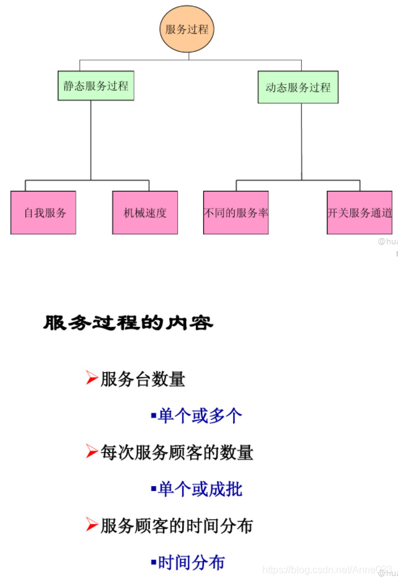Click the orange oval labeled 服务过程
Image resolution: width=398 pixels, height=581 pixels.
coord(187,29)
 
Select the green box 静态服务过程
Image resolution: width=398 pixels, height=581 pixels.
coord(96,86)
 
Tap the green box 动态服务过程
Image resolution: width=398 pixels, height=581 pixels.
coord(298,87)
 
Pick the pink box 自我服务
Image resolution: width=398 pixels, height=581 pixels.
coord(43,213)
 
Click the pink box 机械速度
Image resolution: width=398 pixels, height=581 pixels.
coord(145,213)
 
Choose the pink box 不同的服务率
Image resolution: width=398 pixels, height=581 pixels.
coord(236,213)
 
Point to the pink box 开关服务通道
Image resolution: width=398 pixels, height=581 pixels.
coord(360,213)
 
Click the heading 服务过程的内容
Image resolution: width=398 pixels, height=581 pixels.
coord(128,323)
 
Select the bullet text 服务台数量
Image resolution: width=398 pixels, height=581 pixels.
coord(143,379)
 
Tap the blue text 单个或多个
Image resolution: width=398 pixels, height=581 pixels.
coord(200,415)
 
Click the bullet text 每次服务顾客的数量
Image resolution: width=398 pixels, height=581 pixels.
coord(177,453)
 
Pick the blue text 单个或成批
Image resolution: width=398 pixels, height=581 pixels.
coord(200,489)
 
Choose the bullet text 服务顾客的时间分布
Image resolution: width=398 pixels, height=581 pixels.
coord(177,526)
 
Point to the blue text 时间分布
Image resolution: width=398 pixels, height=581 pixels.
coord(191,562)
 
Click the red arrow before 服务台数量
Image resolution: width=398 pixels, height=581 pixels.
coord(92,378)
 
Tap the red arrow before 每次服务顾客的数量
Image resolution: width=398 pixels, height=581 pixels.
coord(92,451)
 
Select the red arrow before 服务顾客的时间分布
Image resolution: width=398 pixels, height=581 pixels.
coord(92,525)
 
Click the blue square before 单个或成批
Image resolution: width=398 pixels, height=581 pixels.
coord(154,489)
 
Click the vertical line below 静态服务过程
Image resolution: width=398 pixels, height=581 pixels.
coord(91,140)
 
